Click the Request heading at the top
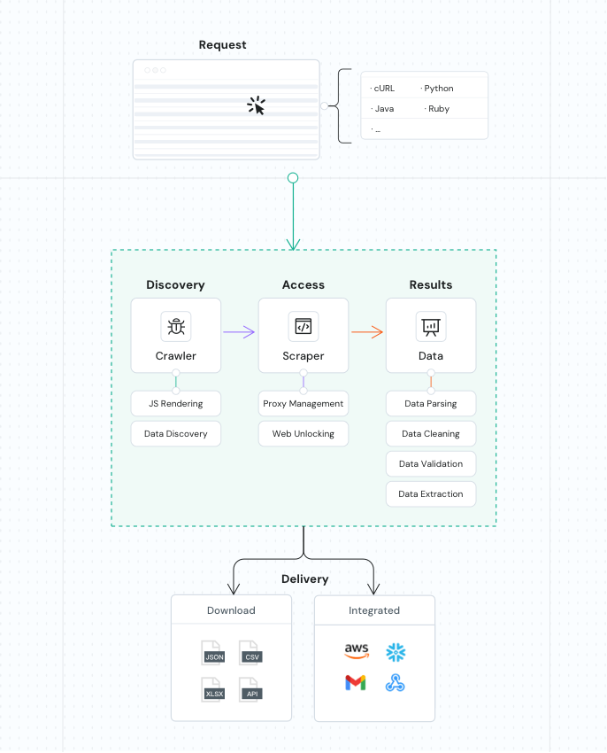coord(222,45)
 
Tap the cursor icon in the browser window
coord(256,106)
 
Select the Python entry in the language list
coord(438,89)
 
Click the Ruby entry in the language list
coord(438,109)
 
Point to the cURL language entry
coord(383,89)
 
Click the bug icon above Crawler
coord(176,327)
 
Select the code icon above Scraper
coord(303,327)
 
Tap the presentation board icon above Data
coord(431,327)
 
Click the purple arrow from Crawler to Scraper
coord(239,332)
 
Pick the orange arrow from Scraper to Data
coord(366,332)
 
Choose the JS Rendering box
coord(176,404)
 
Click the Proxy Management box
coord(303,404)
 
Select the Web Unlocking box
coord(303,434)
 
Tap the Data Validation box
coord(431,464)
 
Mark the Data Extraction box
coord(431,494)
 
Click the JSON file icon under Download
coord(214,653)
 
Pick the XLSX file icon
coord(214,688)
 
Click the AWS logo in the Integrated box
coord(356,652)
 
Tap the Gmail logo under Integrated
coord(356,683)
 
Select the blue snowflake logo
coord(396,653)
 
